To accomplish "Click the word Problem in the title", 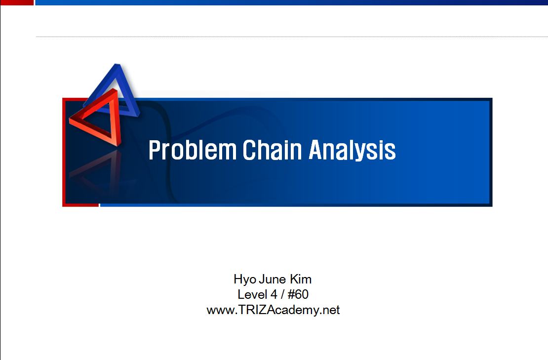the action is pos(193,150).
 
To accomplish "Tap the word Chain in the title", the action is pos(272,150).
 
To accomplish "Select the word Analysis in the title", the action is pos(352,150).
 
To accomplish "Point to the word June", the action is pos(273,280).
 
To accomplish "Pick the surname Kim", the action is pos(301,279).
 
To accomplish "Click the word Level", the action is pos(252,294).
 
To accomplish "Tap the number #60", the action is pos(298,294).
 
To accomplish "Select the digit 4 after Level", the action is pos(274,294).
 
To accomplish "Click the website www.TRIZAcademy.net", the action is pos(273,310).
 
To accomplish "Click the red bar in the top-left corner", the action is pos(17,2).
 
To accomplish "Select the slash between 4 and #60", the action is pos(282,294).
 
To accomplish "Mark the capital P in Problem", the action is pos(155,150).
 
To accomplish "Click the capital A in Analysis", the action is pos(315,150).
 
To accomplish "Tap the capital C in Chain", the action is pos(249,150).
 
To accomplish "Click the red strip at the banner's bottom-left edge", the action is pos(81,205).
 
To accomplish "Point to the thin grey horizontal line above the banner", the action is pos(292,37).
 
